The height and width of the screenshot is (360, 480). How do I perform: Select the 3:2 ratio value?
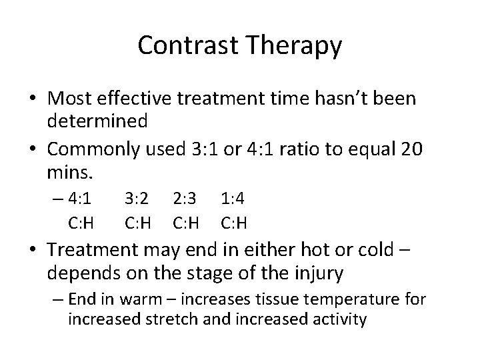coord(137,198)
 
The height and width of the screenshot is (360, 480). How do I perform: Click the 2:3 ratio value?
coord(185,198)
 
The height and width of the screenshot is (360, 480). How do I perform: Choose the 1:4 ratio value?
coord(233,198)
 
